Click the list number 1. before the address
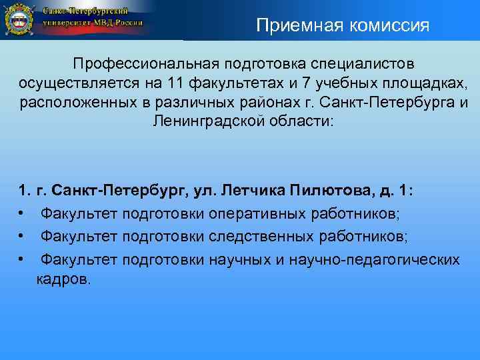click(x=25, y=191)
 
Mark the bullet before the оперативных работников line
click(x=22, y=213)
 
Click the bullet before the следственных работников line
click(x=22, y=236)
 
